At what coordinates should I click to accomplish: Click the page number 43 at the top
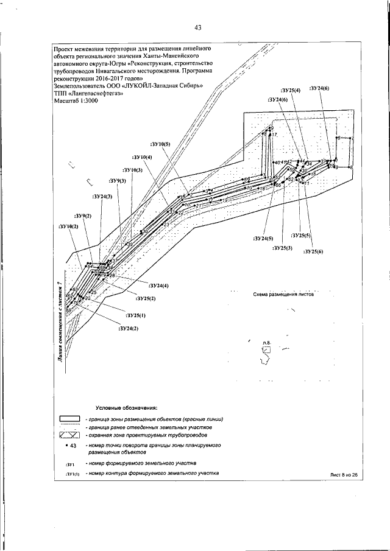[x=198, y=27]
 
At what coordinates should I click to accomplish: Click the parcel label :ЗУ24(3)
[x=102, y=197]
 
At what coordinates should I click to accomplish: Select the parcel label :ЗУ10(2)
[x=68, y=226]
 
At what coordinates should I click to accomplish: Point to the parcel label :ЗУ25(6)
[x=313, y=251]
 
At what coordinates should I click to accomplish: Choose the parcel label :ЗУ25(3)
[x=282, y=248]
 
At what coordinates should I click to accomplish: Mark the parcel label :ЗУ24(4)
[x=158, y=285]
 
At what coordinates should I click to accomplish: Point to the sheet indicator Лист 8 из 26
[x=342, y=474]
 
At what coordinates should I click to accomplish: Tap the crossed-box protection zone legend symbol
[x=69, y=435]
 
